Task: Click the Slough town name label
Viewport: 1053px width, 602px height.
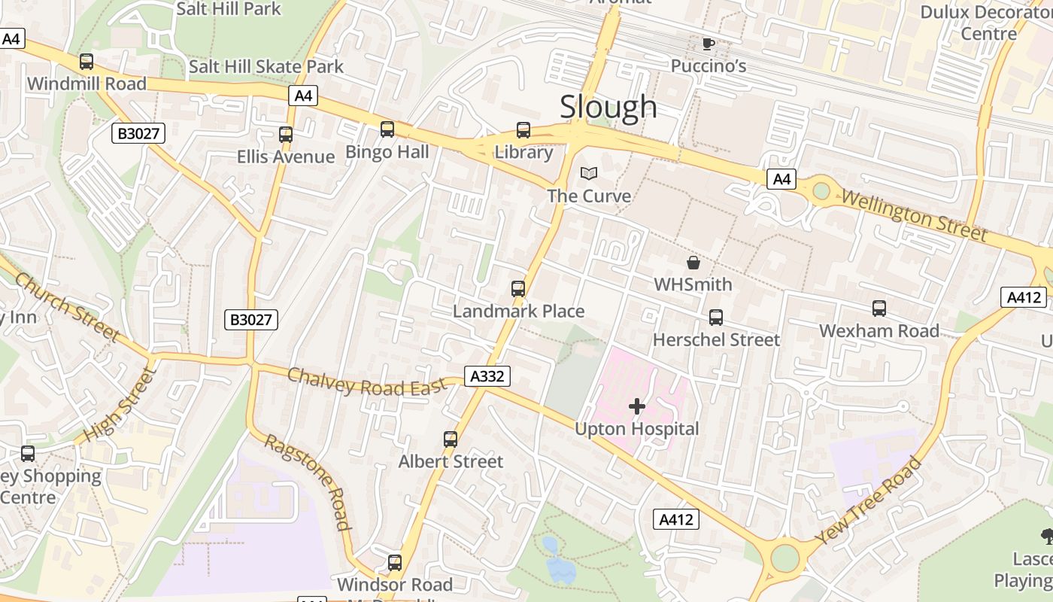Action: (608, 107)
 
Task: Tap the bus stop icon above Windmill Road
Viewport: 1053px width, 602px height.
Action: (86, 62)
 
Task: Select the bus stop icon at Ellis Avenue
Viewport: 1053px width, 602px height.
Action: (286, 135)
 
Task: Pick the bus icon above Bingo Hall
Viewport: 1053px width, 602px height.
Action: (387, 129)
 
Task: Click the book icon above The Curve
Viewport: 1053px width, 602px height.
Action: (589, 174)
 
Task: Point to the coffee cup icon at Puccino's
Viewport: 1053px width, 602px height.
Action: (708, 44)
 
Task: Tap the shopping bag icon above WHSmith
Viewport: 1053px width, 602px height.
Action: (693, 263)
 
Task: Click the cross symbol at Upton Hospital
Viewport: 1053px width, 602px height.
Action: (637, 407)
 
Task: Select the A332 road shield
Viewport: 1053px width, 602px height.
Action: (487, 376)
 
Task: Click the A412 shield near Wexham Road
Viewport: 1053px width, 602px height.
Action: (1024, 297)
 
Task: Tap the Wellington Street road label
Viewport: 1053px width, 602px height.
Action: (913, 215)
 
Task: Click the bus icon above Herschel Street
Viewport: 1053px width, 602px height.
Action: (716, 318)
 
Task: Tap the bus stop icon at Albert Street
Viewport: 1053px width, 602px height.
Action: (451, 439)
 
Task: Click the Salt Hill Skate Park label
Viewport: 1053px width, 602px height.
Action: (266, 66)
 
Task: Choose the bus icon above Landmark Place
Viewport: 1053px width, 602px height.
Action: (517, 289)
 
